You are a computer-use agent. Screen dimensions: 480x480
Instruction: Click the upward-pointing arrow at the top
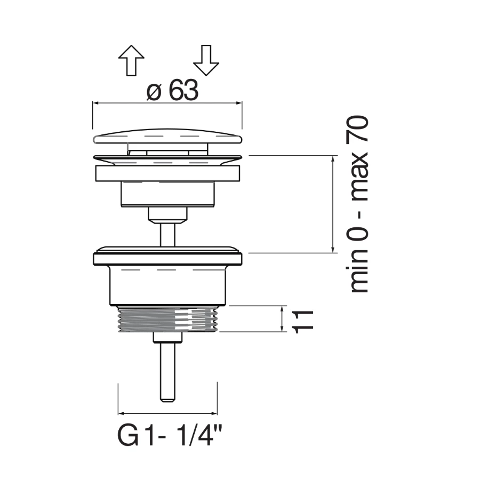[x=131, y=60]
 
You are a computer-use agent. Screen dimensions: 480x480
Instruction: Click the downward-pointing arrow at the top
[x=206, y=60]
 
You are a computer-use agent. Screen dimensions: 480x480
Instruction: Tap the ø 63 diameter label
[x=172, y=90]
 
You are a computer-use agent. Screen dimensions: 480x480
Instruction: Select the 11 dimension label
[x=303, y=322]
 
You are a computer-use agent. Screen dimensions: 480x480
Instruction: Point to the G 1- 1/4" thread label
[x=169, y=435]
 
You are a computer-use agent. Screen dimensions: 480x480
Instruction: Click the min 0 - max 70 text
[x=357, y=204]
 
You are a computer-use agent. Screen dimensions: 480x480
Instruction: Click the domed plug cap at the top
[x=167, y=136]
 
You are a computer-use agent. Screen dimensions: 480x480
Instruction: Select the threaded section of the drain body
[x=168, y=319]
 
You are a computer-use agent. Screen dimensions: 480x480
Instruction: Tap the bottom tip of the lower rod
[x=168, y=401]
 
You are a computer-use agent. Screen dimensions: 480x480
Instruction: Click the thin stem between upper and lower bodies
[x=168, y=234]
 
